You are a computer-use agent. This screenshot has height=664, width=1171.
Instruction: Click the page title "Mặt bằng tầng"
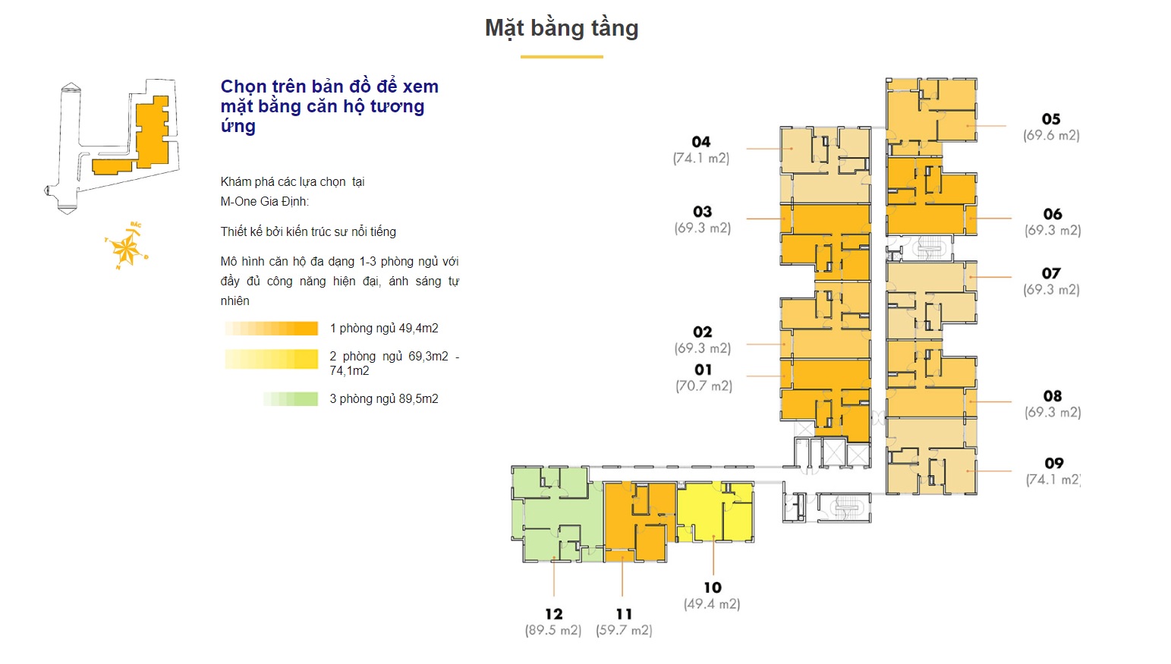(562, 28)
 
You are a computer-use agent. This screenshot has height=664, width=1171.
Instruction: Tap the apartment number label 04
(701, 142)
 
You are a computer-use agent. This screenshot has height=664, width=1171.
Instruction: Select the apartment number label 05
(1051, 119)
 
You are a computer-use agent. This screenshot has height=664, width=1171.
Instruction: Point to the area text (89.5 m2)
(552, 631)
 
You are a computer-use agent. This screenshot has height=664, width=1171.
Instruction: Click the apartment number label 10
(712, 587)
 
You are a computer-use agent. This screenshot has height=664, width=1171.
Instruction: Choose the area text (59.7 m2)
(624, 631)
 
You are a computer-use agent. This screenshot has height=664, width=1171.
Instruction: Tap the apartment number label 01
(704, 370)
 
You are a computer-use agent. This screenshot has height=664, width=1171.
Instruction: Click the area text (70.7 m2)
(704, 386)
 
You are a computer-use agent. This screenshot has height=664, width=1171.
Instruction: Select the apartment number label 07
(1051, 273)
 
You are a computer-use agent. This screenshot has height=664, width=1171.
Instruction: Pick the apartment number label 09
(1053, 464)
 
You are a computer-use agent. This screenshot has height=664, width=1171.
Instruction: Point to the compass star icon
(125, 247)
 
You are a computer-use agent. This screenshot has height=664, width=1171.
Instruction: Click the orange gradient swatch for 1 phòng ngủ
(271, 329)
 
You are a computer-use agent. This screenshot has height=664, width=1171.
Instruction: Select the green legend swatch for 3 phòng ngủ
(291, 399)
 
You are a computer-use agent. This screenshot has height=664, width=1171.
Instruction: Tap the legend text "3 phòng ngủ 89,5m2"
(384, 399)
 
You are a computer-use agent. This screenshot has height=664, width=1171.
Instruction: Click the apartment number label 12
(553, 614)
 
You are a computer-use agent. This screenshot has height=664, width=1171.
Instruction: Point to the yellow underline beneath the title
(562, 57)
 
